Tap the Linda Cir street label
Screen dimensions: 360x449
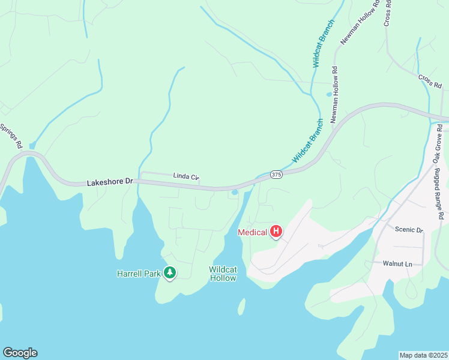(x=185, y=176)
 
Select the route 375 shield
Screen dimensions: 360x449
(x=276, y=174)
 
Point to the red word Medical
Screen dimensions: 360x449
(x=252, y=232)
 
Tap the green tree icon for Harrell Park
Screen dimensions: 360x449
(x=170, y=274)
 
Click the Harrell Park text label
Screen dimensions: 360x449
(x=138, y=274)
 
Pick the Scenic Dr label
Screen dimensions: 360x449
(x=409, y=229)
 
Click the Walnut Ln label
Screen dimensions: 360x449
(x=397, y=263)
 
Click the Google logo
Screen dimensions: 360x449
(x=20, y=353)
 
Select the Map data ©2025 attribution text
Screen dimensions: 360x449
(x=423, y=355)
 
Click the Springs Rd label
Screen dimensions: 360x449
(x=11, y=136)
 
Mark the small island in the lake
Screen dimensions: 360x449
(x=241, y=307)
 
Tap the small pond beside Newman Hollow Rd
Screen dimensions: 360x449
(x=328, y=94)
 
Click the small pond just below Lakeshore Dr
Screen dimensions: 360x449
(x=234, y=193)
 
